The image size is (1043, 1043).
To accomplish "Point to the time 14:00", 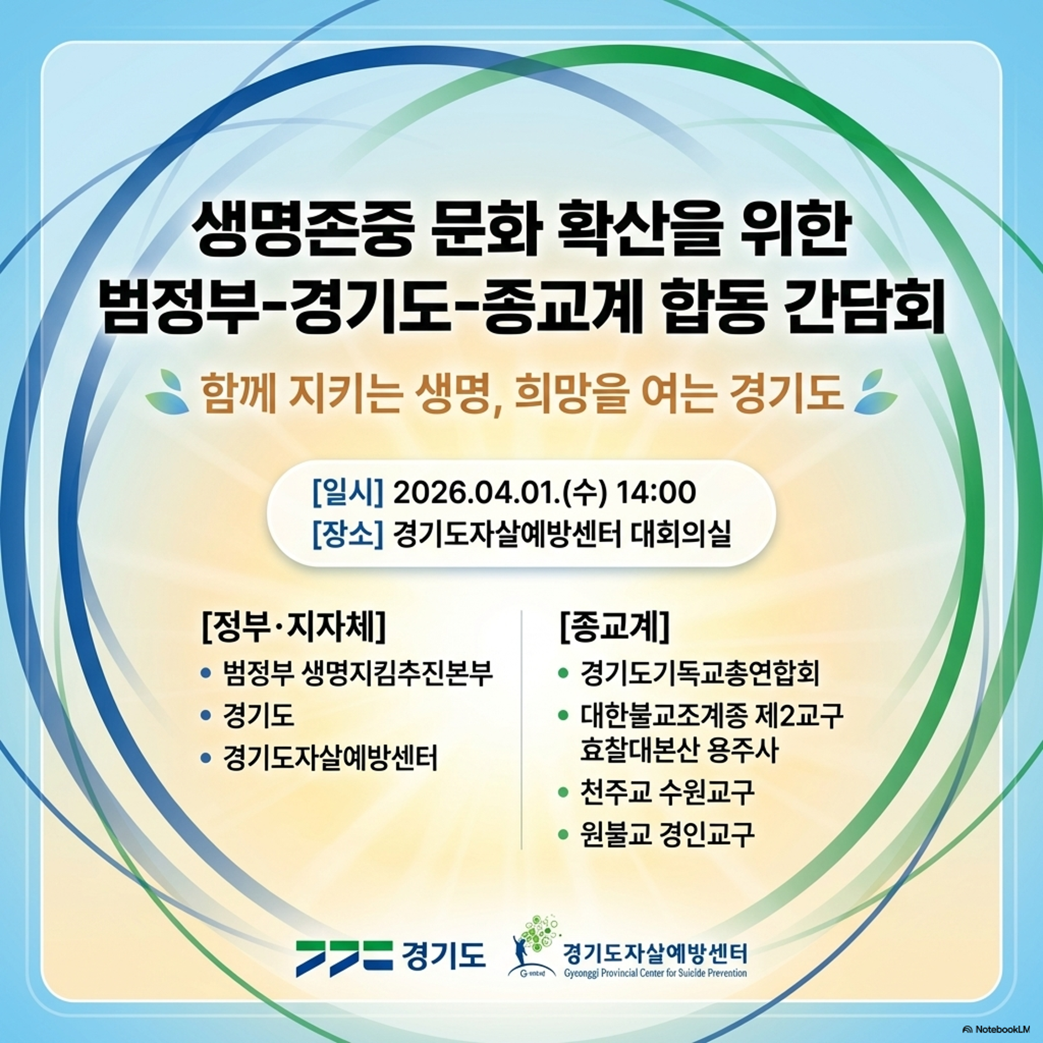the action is [656, 493].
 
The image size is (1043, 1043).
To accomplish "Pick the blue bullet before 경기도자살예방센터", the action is [206, 759].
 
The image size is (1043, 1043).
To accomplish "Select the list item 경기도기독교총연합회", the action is [700, 673].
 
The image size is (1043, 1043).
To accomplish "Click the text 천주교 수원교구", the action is [667, 792].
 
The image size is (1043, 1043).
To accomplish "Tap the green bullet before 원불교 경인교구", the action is [563, 834].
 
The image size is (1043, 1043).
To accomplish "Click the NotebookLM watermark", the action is [996, 1029].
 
